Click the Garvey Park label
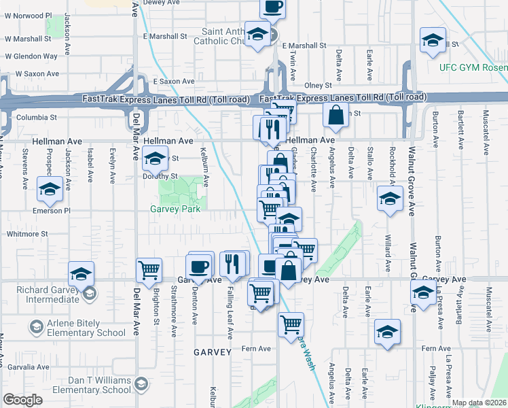(x=175, y=209)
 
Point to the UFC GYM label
(x=472, y=67)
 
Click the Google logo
(x=22, y=400)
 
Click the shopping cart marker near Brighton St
(x=149, y=269)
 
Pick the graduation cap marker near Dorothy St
(x=155, y=159)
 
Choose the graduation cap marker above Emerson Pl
(x=50, y=190)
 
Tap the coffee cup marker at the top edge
(x=272, y=7)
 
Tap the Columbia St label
(x=30, y=117)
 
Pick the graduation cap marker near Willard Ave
(x=390, y=199)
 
